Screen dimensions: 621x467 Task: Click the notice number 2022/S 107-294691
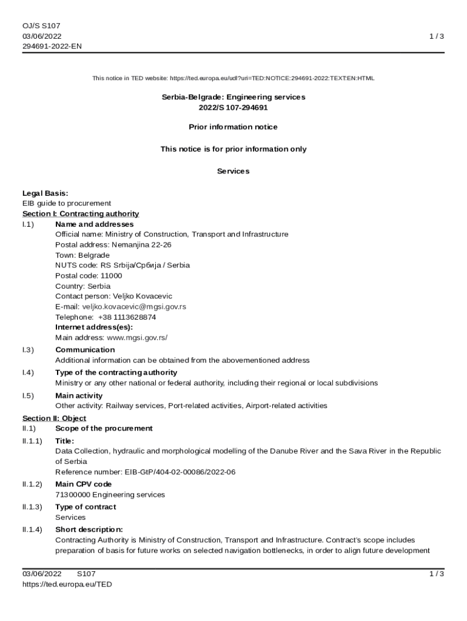point(233,107)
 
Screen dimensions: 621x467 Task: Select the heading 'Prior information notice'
point(233,127)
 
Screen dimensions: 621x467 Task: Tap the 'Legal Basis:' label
point(45,193)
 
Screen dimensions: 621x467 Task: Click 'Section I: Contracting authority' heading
point(81,213)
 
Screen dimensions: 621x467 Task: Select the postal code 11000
point(111,275)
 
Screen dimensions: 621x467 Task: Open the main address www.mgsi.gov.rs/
point(137,337)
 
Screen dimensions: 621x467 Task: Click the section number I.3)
point(28,350)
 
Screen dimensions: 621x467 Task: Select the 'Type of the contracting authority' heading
point(116,372)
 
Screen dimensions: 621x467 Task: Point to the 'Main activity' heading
point(79,395)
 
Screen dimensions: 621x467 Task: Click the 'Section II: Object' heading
point(54,418)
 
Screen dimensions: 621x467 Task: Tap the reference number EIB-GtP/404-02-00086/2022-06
point(180,472)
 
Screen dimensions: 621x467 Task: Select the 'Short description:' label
point(89,529)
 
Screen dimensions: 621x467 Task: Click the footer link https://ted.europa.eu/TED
point(67,585)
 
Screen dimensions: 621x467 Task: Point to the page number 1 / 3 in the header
point(437,36)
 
